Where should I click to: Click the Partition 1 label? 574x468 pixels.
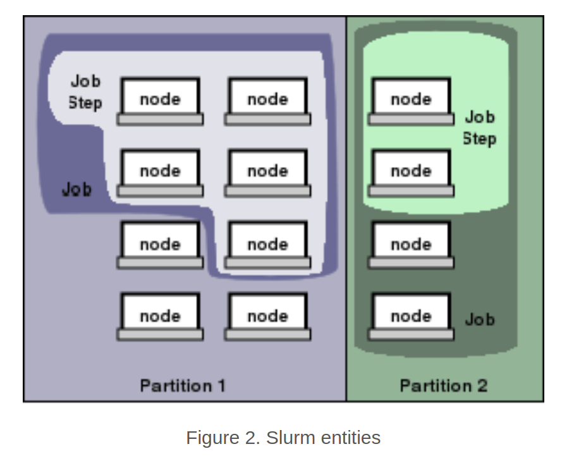pyautogui.click(x=182, y=385)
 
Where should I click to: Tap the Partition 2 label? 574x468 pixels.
pyautogui.click(x=443, y=385)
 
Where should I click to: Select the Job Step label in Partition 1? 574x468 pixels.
pyautogui.click(x=85, y=92)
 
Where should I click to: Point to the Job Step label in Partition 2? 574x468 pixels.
pyautogui.click(x=480, y=128)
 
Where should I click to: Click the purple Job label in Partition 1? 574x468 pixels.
pyautogui.click(x=76, y=188)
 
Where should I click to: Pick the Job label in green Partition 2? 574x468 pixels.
pyautogui.click(x=480, y=319)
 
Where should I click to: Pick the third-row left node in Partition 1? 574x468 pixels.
pyautogui.click(x=160, y=245)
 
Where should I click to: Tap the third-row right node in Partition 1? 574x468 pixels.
pyautogui.click(x=267, y=245)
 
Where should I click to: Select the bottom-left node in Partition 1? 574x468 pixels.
pyautogui.click(x=160, y=316)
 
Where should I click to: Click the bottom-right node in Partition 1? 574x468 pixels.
pyautogui.click(x=267, y=316)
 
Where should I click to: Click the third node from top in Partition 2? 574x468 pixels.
pyautogui.click(x=411, y=245)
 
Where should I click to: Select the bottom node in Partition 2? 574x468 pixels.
pyautogui.click(x=411, y=316)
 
